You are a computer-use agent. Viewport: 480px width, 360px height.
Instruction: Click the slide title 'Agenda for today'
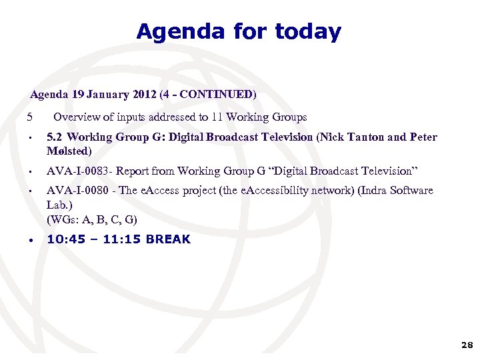click(x=239, y=31)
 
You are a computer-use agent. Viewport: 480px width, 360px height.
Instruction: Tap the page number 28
click(x=466, y=345)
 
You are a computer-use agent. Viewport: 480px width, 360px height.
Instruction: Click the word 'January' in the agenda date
click(x=107, y=95)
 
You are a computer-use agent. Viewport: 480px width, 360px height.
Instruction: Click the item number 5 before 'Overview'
click(x=29, y=117)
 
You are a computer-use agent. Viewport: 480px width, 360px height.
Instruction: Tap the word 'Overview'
click(x=76, y=117)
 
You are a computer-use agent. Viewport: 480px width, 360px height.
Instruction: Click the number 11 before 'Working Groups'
click(x=217, y=117)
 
